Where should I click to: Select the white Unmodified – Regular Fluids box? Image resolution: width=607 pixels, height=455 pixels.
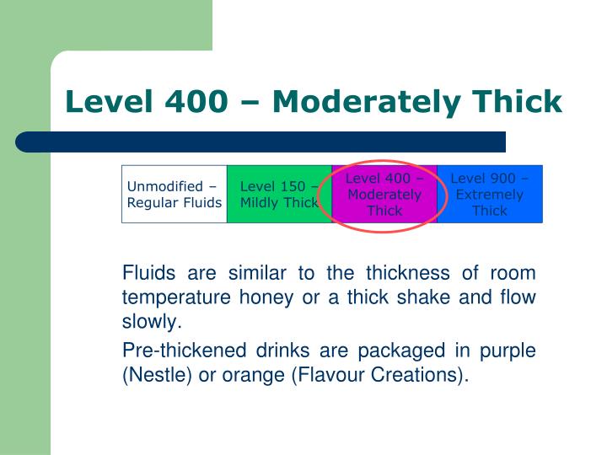[175, 194]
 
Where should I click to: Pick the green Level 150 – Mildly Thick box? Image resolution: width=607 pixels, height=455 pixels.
[279, 194]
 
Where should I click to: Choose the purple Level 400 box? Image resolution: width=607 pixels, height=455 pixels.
[384, 194]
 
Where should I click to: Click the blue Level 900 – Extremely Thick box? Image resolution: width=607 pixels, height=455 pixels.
[489, 194]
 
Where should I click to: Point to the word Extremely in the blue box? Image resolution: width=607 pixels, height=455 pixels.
[489, 195]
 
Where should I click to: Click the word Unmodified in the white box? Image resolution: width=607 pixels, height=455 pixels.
[164, 186]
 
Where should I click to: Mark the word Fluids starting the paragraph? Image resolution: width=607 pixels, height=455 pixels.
[147, 273]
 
